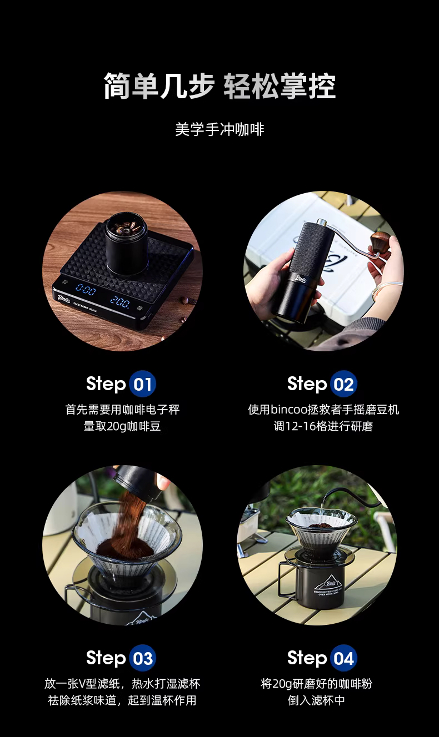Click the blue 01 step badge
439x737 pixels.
click(x=142, y=384)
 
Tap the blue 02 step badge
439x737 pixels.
click(x=343, y=384)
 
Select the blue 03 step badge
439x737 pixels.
click(x=142, y=658)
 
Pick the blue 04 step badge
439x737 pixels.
click(x=343, y=658)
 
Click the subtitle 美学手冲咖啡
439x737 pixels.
click(x=219, y=129)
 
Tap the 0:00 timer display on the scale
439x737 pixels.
click(x=86, y=290)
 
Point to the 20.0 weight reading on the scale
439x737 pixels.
click(x=119, y=302)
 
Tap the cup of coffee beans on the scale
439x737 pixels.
click(x=126, y=243)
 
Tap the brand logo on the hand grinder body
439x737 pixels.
click(x=301, y=280)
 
